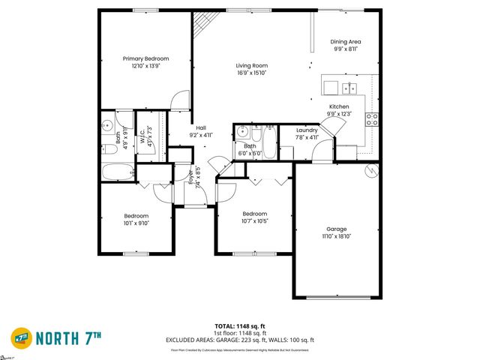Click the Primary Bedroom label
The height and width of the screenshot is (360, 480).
pyautogui.click(x=146, y=58)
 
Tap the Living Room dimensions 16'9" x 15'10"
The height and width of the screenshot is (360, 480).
pyautogui.click(x=252, y=73)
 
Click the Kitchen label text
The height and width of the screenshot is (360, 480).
pyautogui.click(x=339, y=106)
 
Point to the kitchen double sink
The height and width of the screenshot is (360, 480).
pyautogui.click(x=349, y=88)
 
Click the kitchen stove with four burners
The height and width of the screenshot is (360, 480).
pyautogui.click(x=371, y=119)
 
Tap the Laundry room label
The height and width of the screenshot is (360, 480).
pyautogui.click(x=306, y=130)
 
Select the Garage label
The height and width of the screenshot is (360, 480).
pyautogui.click(x=336, y=229)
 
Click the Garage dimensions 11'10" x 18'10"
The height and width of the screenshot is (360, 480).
pyautogui.click(x=336, y=237)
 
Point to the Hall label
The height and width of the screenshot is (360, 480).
pyautogui.click(x=201, y=127)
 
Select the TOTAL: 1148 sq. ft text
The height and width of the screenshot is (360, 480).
pyautogui.click(x=239, y=325)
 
